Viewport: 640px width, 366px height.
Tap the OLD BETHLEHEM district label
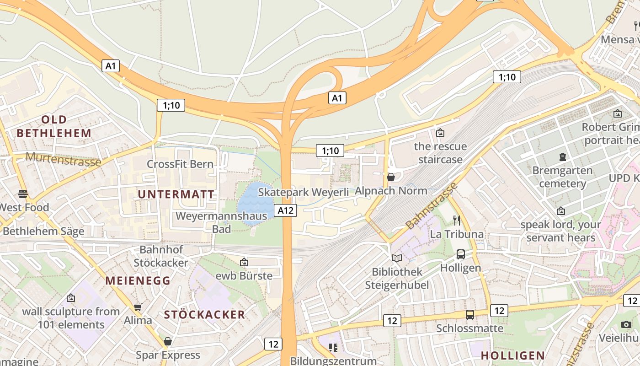54,126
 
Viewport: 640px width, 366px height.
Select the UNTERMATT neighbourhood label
176,194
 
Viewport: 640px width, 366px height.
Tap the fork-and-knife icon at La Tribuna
457,220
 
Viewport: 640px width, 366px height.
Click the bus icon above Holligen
461,254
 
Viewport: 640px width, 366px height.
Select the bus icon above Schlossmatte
469,315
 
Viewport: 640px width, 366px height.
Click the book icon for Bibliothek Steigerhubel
397,258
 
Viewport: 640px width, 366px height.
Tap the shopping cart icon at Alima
138,307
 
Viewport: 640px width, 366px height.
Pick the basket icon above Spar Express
168,341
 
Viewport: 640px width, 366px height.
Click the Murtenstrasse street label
63,159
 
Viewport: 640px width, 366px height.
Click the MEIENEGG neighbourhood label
138,280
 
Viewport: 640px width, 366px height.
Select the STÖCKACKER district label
204,315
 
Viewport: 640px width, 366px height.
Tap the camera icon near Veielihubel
626,324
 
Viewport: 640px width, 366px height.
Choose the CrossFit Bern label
180,164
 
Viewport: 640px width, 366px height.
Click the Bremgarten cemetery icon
562,157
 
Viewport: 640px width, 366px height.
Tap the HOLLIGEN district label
513,355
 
